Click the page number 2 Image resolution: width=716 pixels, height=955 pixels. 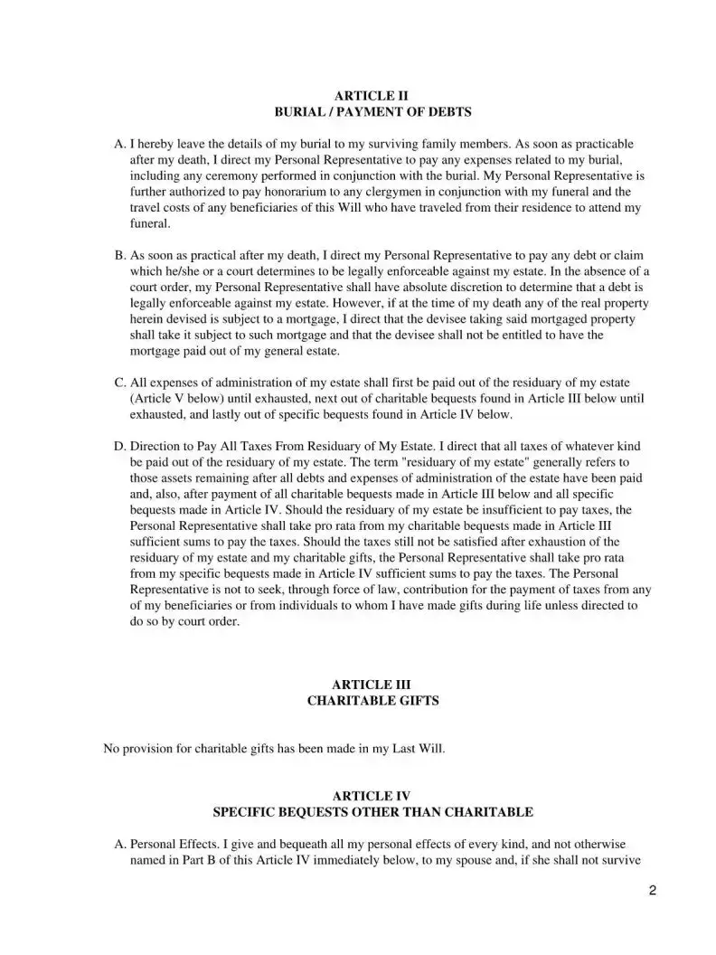pyautogui.click(x=653, y=890)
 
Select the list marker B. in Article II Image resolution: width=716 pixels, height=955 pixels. pyautogui.click(x=120, y=255)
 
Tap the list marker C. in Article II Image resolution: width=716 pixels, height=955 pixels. pyautogui.click(x=120, y=383)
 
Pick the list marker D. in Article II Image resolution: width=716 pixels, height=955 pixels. pyautogui.click(x=120, y=446)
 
